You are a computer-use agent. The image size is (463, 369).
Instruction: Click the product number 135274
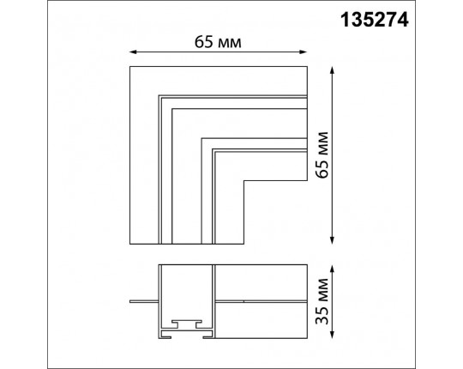[x=375, y=20]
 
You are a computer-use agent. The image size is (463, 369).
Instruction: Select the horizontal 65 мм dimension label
[x=218, y=42]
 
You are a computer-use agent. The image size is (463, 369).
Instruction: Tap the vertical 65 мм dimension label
[x=322, y=154]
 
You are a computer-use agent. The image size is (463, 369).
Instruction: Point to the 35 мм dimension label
[x=322, y=301]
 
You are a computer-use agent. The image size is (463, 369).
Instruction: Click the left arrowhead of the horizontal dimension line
[x=133, y=52]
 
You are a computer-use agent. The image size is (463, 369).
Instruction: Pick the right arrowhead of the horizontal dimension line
[x=304, y=52]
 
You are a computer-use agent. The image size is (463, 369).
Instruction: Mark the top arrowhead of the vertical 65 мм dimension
[x=332, y=70]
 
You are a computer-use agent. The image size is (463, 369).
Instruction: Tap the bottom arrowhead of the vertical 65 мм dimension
[x=332, y=240]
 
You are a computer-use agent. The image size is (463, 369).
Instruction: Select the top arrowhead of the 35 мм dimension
[x=332, y=269]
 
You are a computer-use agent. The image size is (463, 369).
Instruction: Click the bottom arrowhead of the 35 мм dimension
[x=332, y=335]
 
